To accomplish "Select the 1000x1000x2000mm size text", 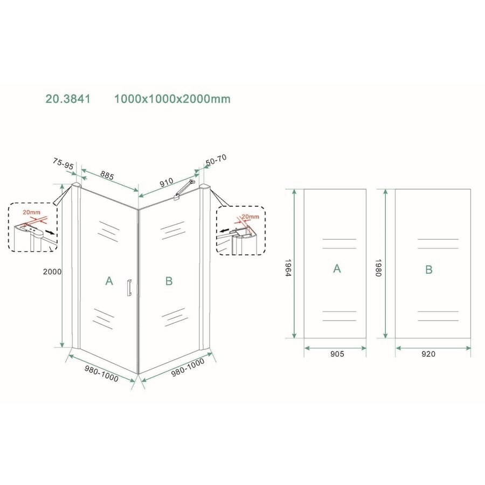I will coord(172,99).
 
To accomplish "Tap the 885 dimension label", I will coord(107,175).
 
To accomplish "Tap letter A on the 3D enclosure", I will coord(109,281).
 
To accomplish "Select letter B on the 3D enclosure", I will coord(169,281).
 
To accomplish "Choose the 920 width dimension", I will coord(428,354).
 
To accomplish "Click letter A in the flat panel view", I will coord(337,269).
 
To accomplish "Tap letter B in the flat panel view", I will coord(429,269).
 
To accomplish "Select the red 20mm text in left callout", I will coord(31,212).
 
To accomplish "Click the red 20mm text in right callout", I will coord(250,216).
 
